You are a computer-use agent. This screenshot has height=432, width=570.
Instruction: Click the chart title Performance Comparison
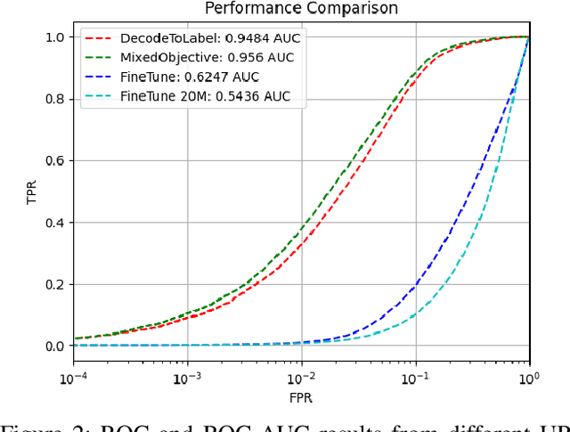pyautogui.click(x=301, y=9)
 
